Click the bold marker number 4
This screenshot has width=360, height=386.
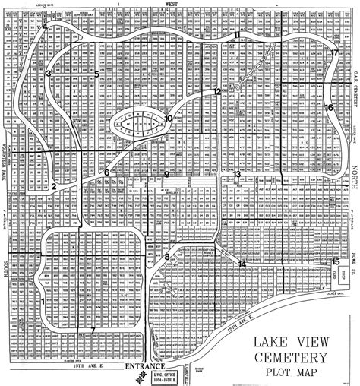coord(46,26)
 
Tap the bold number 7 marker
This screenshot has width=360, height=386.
coord(93,329)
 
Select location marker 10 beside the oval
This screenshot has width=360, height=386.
coord(169,118)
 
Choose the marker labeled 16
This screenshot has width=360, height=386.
coord(329,108)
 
